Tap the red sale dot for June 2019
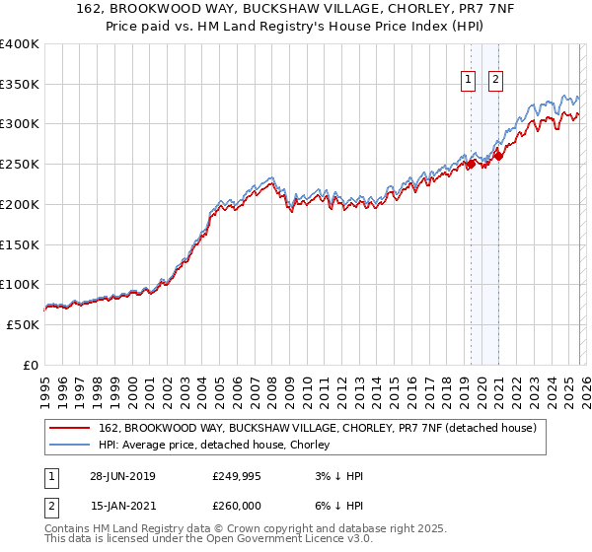coord(471,165)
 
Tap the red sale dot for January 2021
coord(498,156)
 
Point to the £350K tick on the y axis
coord(20,85)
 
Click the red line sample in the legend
coord(71,429)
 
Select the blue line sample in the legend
coord(71,446)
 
